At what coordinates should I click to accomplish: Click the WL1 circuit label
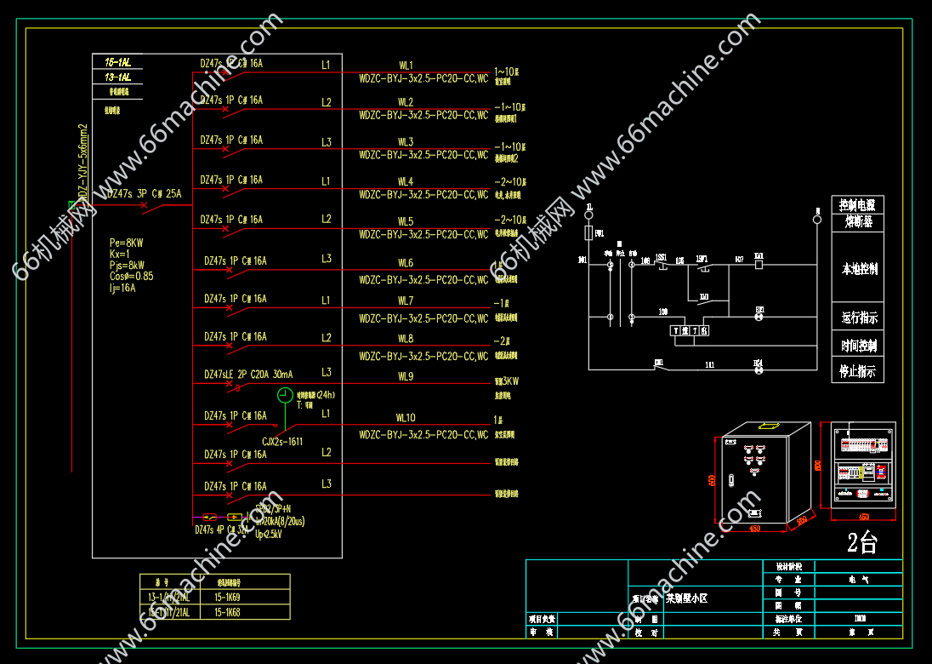coord(406,65)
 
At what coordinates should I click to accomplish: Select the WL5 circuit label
coord(406,221)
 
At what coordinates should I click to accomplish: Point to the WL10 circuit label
coord(406,418)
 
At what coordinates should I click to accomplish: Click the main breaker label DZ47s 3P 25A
coord(144,194)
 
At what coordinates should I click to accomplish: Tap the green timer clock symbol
coord(286,395)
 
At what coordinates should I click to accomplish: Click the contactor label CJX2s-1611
coord(282,441)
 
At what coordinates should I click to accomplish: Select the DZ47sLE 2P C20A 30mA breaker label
coord(248,375)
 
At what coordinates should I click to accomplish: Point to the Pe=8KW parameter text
coord(127,243)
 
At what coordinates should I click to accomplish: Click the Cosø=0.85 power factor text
coord(131,276)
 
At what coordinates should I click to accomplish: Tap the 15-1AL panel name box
coord(117,62)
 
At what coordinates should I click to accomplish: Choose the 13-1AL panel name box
coord(117,77)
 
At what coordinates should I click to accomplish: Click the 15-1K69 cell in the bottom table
coord(227,598)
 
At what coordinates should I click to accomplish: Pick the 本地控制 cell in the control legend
coord(858,269)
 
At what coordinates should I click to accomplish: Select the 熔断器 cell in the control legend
coord(858,221)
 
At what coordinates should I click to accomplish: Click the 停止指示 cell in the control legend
coord(858,371)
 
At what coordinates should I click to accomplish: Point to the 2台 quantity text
coord(861,543)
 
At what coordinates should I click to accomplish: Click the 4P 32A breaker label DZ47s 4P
coord(222,529)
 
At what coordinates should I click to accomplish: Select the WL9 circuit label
coord(406,376)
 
